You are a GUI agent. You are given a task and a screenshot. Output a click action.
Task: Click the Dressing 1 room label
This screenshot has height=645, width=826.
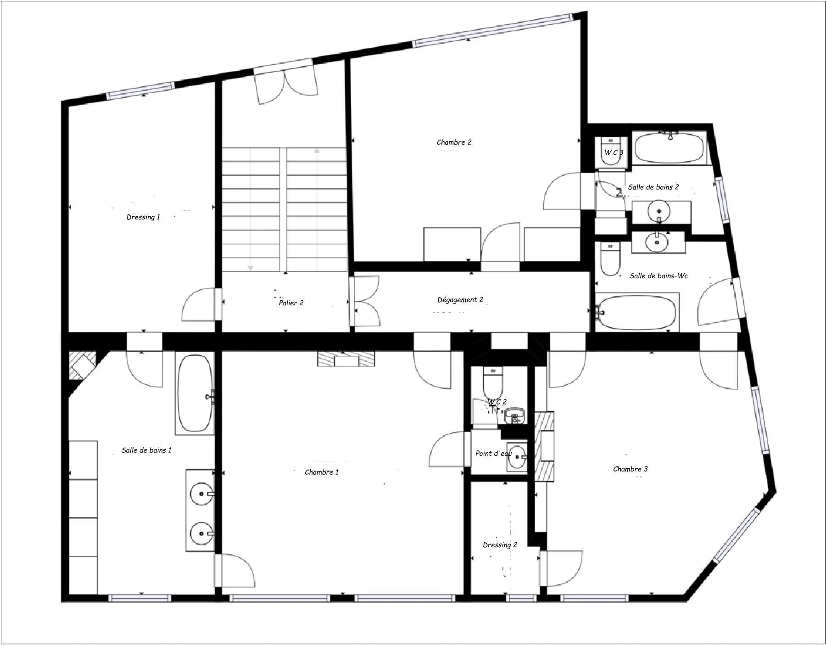pos(143,217)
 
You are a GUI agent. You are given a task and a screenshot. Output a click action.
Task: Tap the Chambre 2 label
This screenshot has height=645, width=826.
pos(453,142)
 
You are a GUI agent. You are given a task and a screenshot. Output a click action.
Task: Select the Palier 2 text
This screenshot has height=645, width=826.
pos(291,303)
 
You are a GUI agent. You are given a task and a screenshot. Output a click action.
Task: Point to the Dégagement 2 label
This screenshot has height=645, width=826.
pos(460,300)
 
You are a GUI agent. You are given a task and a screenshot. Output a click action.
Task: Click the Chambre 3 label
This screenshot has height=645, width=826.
pos(630,469)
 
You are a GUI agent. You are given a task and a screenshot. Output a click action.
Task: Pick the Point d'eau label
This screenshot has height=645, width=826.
pos(493,454)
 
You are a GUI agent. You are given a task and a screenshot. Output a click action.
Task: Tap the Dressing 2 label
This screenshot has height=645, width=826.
pos(500,545)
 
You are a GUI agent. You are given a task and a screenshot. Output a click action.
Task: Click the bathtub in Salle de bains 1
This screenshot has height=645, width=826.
pos(195,393)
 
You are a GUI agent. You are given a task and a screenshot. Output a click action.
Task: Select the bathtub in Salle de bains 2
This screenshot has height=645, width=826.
pos(670,147)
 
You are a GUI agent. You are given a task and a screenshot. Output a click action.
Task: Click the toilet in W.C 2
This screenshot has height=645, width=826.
pos(493,383)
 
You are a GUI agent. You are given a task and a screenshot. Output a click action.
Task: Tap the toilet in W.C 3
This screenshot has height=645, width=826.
pos(610,151)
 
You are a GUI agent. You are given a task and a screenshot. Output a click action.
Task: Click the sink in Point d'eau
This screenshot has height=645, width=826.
pos(517,456)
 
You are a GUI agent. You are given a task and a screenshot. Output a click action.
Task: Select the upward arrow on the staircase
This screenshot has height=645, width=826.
pos(317,151)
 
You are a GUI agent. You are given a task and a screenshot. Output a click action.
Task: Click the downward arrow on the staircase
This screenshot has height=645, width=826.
pos(251,268)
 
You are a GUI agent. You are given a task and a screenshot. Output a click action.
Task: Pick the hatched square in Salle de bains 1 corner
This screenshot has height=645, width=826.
pos(82,365)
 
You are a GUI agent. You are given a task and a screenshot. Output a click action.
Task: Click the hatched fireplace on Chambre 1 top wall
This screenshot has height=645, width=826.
pos(346,359)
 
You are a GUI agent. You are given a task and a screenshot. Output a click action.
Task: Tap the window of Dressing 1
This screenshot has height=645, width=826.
pos(140,91)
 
